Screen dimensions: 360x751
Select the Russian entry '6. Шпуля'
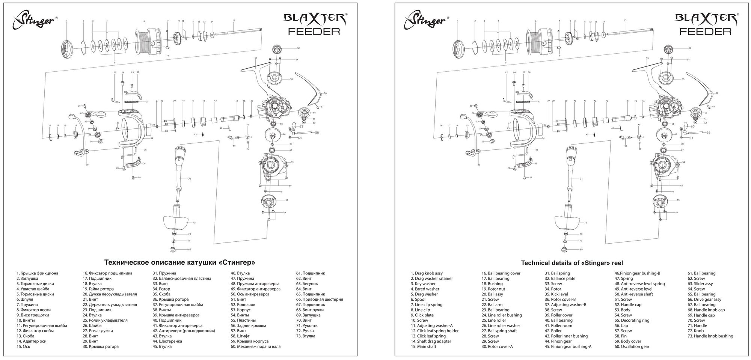pos(25,300)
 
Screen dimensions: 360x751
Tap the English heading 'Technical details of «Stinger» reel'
pos(572,263)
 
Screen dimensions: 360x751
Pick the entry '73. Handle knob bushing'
pos(710,336)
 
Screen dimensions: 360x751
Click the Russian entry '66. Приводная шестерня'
pos(320,300)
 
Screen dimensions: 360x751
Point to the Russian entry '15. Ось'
pos(23,346)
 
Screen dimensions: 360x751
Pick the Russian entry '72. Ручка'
pos(305,331)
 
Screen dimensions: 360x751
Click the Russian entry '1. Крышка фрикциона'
pos(37,273)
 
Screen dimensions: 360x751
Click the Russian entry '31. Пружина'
pos(164,273)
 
